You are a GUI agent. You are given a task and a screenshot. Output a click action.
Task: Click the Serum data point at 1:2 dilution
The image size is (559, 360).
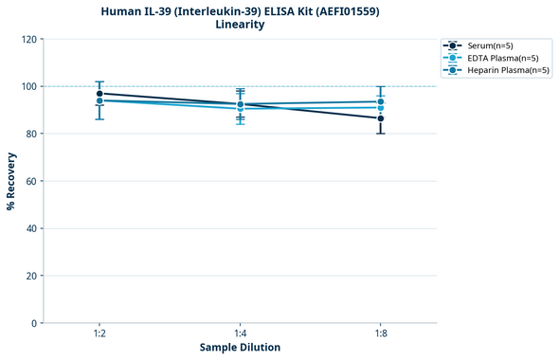(x=99, y=94)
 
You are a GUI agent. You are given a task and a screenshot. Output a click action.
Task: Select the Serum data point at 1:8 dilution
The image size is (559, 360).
(x=381, y=118)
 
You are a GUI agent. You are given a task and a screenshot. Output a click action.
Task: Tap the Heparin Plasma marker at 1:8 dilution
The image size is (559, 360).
(x=381, y=101)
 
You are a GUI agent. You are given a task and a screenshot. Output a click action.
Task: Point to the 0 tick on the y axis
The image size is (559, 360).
(x=33, y=323)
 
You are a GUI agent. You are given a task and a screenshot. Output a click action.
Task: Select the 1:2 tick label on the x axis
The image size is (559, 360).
(x=99, y=333)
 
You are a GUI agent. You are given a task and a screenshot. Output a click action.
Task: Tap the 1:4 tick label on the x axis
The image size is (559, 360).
(x=240, y=333)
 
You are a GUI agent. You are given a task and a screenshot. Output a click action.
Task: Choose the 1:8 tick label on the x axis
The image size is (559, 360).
(x=381, y=333)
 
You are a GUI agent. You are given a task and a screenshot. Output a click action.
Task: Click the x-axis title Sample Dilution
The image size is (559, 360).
(x=240, y=348)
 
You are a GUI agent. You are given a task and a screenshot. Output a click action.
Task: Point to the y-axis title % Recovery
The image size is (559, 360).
(x=11, y=181)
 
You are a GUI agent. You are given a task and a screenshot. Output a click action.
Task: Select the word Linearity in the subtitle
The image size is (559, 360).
(x=240, y=25)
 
